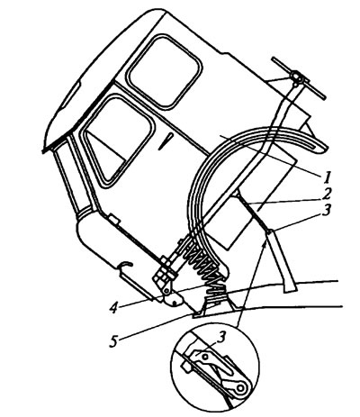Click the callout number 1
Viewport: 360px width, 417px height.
(x=328, y=177)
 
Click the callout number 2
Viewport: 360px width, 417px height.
(x=327, y=194)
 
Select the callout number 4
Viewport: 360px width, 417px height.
(x=113, y=308)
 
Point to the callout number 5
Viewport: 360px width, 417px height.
(x=113, y=341)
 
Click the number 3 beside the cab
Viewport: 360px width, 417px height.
(x=326, y=210)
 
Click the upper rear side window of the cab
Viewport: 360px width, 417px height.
(x=165, y=71)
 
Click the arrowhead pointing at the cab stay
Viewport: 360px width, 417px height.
(x=265, y=242)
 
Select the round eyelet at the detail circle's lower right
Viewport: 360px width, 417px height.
(x=240, y=388)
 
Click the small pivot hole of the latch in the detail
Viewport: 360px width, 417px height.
(x=205, y=357)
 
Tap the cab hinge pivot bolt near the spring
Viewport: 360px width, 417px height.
(x=166, y=290)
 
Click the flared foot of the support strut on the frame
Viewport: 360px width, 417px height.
(x=291, y=288)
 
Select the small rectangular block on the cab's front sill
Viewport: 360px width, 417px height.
(x=114, y=220)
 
